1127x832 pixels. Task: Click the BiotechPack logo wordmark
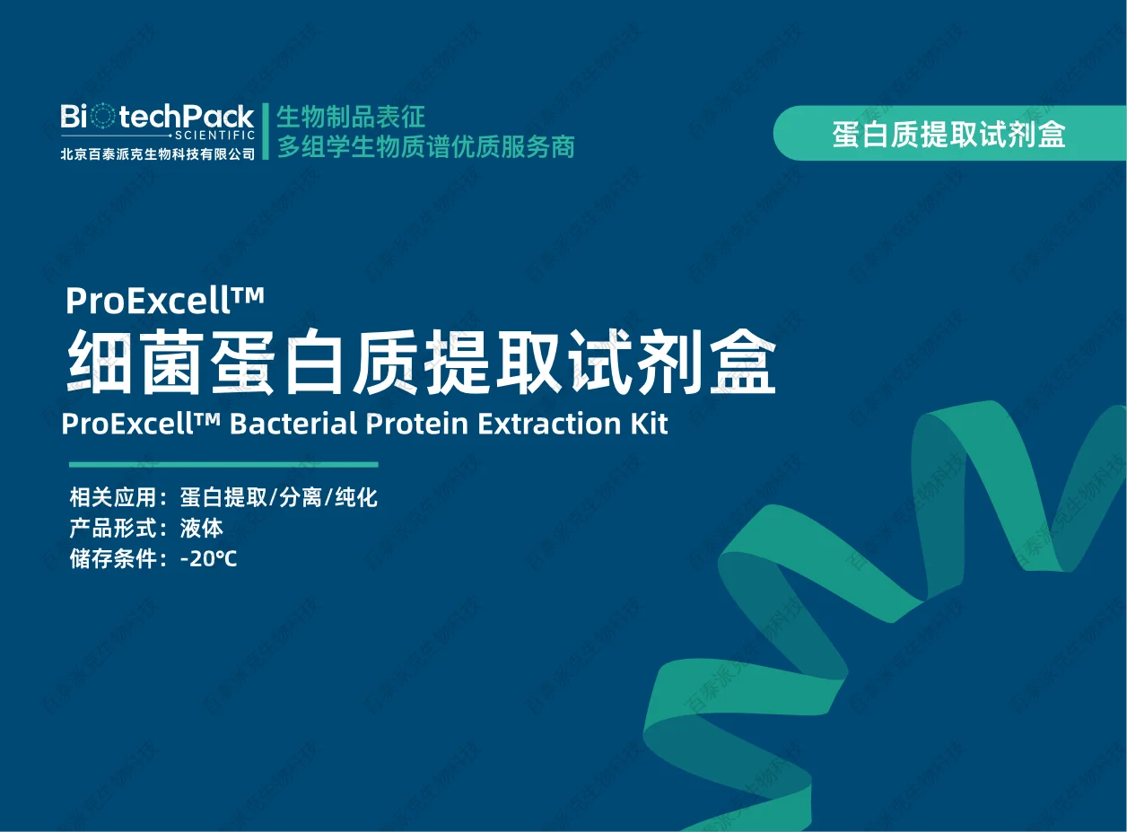[x=158, y=117]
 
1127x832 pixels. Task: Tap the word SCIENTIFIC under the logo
[x=215, y=136]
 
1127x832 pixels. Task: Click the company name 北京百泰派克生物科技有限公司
[x=158, y=153]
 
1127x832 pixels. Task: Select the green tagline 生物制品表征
[x=350, y=117]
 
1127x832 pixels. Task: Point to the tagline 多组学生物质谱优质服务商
[x=425, y=146]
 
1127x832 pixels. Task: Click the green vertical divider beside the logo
[x=266, y=131]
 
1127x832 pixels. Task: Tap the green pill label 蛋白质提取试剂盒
[x=948, y=134]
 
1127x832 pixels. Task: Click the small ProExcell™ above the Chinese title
[x=165, y=301]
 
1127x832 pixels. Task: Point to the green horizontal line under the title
[x=223, y=464]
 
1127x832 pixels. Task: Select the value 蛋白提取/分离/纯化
[x=278, y=497]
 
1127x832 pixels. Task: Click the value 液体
[x=201, y=528]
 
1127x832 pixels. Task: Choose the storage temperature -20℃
[x=208, y=558]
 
